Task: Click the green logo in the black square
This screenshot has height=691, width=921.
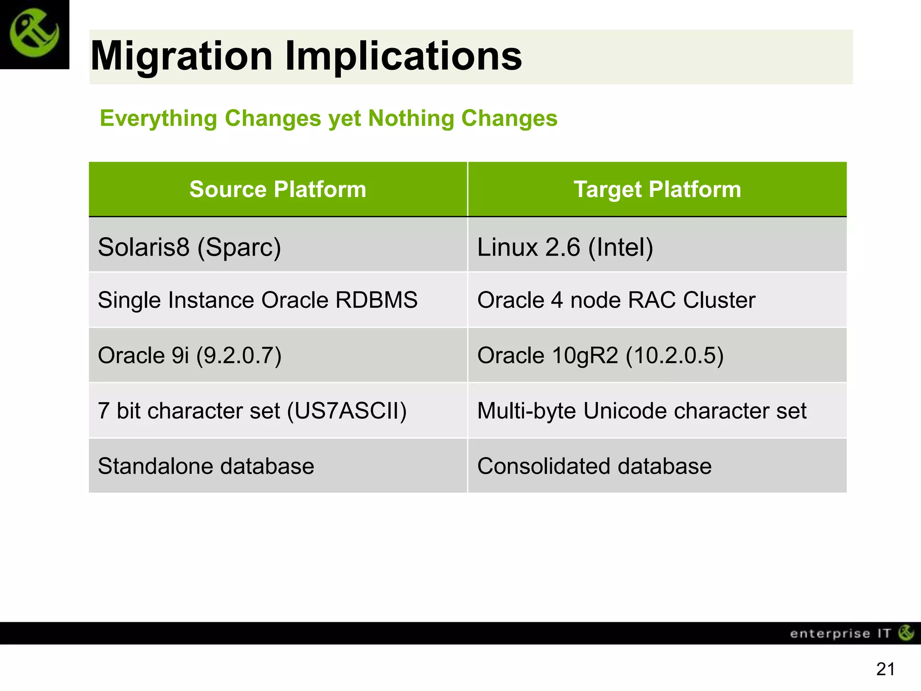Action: pyautogui.click(x=34, y=34)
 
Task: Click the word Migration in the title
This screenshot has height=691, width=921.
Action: pyautogui.click(x=181, y=56)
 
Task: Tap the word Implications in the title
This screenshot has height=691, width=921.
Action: pyautogui.click(x=403, y=56)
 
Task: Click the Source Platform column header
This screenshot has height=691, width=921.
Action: pyautogui.click(x=277, y=189)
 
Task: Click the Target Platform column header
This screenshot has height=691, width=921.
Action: pyautogui.click(x=657, y=189)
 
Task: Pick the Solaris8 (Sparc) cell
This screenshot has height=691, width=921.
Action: pyautogui.click(x=189, y=247)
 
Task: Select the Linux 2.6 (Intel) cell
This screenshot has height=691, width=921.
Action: pyautogui.click(x=565, y=247)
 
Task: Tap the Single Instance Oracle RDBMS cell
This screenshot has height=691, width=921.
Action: pyautogui.click(x=257, y=300)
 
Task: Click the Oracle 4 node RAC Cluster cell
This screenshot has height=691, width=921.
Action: pyautogui.click(x=616, y=300)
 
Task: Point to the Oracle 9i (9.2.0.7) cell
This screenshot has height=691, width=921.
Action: pyautogui.click(x=189, y=355)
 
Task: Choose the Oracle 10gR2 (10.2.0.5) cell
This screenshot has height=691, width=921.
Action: pyautogui.click(x=600, y=355)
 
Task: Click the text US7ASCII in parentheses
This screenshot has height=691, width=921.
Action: pyautogui.click(x=347, y=411)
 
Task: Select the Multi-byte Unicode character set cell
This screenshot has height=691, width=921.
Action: pyautogui.click(x=642, y=411)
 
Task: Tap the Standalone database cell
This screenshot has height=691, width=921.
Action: pyautogui.click(x=206, y=466)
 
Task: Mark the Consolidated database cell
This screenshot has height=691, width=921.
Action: pyautogui.click(x=594, y=466)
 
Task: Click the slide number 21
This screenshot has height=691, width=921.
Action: pyautogui.click(x=885, y=669)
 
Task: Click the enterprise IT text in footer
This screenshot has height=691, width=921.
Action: pyautogui.click(x=840, y=634)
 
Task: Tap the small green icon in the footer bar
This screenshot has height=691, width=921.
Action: pyautogui.click(x=906, y=633)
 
